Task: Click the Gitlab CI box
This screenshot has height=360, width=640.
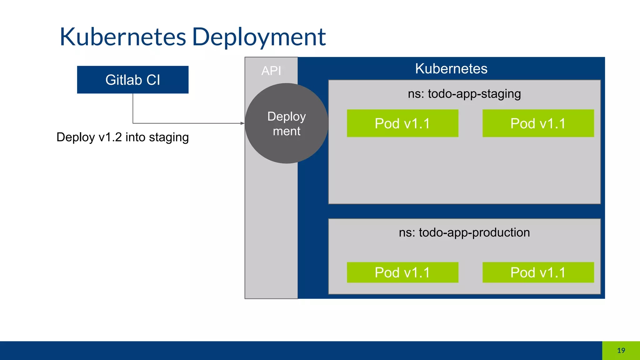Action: coord(132,80)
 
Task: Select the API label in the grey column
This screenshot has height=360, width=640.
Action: coord(271,71)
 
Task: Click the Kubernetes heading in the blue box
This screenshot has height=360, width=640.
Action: coord(451,68)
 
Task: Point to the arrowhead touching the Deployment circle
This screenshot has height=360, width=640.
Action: coord(242,123)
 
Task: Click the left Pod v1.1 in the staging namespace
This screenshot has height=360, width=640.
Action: coord(402,123)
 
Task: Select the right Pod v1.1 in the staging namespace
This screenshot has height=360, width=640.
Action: coord(538,123)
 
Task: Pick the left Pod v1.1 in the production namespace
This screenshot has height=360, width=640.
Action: coord(402,272)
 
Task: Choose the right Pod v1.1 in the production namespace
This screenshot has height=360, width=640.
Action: coord(538,272)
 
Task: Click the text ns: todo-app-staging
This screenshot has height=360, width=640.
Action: coord(464,94)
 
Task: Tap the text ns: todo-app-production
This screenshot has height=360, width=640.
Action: coord(464,232)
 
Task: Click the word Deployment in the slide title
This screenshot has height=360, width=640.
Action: coord(259,37)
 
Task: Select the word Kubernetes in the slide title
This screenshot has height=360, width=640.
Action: coord(123,37)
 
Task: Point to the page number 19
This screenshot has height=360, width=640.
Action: coord(621,351)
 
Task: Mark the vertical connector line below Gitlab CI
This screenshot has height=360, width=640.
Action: coord(133,108)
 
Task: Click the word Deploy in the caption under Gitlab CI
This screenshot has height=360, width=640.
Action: coord(75,137)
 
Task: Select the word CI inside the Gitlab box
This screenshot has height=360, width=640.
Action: coord(153,80)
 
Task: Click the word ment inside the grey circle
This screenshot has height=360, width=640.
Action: coord(287,131)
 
